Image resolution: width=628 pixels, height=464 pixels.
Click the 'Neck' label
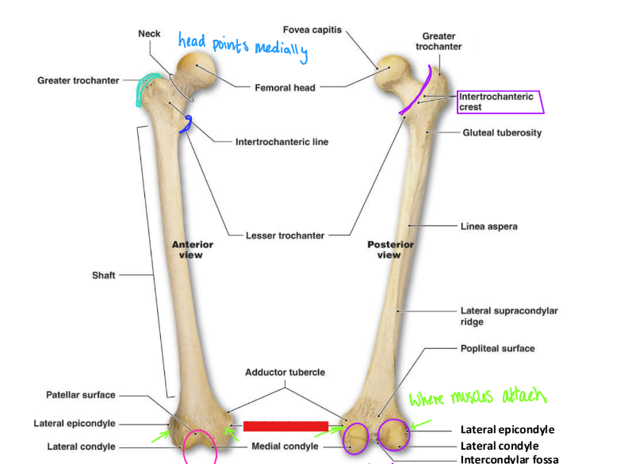pos(149,33)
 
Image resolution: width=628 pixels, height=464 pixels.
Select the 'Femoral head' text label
pos(285,87)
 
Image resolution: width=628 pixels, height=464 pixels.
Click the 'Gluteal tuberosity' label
pos(502,132)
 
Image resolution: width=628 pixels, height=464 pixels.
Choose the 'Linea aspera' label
pos(488,226)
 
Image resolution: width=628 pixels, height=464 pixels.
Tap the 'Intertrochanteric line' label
pos(281,142)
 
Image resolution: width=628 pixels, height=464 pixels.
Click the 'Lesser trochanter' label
pos(284,235)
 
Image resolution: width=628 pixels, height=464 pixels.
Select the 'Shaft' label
pos(103,275)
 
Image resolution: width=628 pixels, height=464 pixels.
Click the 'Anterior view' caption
pos(192,250)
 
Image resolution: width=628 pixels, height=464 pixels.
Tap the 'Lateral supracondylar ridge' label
pos(508,316)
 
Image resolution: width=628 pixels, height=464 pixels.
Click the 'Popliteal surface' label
pos(497,348)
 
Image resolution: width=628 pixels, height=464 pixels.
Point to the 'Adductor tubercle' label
pos(285,371)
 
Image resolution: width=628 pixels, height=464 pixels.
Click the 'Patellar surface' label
pos(80,395)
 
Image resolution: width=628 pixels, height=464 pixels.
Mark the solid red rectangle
pos(285,426)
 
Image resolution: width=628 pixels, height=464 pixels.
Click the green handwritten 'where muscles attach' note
pos(478,397)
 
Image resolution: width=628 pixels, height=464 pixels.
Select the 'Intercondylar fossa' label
pos(509,458)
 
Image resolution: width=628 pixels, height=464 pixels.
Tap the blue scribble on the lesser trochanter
pos(187,124)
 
